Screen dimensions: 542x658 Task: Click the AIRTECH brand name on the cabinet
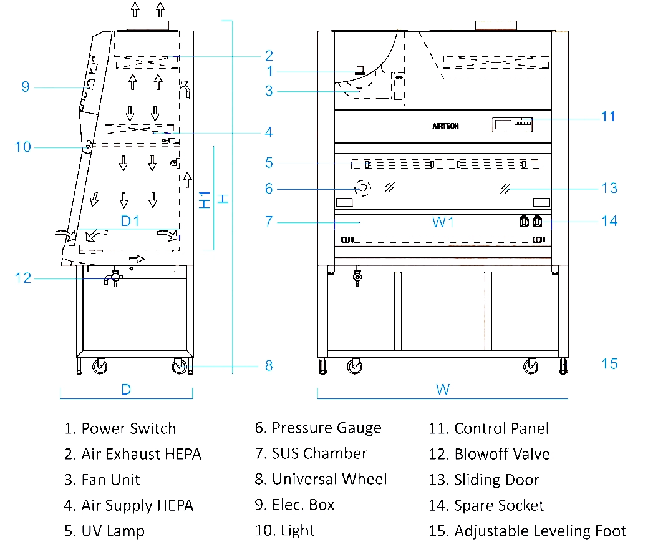[x=445, y=126]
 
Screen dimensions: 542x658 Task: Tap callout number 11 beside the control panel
[x=608, y=116]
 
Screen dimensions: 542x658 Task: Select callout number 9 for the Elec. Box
[x=26, y=87]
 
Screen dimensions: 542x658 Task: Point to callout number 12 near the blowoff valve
[x=23, y=278]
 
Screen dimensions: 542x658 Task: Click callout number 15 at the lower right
[x=609, y=363]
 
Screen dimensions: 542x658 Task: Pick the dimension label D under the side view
[x=126, y=390]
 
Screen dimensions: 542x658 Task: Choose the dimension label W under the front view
[x=442, y=390]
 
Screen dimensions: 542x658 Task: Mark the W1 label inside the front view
[x=443, y=222]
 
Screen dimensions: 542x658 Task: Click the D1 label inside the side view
[x=130, y=221]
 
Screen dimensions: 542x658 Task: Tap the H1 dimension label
[x=204, y=199]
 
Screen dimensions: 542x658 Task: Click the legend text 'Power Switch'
[x=128, y=428]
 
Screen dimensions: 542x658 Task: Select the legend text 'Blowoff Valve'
[x=501, y=454]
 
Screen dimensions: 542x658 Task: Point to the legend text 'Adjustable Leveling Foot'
[x=540, y=531]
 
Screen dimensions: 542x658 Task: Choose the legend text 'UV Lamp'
[x=113, y=531]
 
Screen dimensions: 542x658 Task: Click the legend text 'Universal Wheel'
[x=329, y=479]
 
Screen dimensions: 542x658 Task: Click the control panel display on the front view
[x=503, y=124]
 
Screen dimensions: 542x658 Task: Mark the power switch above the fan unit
[x=359, y=71]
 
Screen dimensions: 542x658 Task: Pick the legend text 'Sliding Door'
[x=496, y=480]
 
